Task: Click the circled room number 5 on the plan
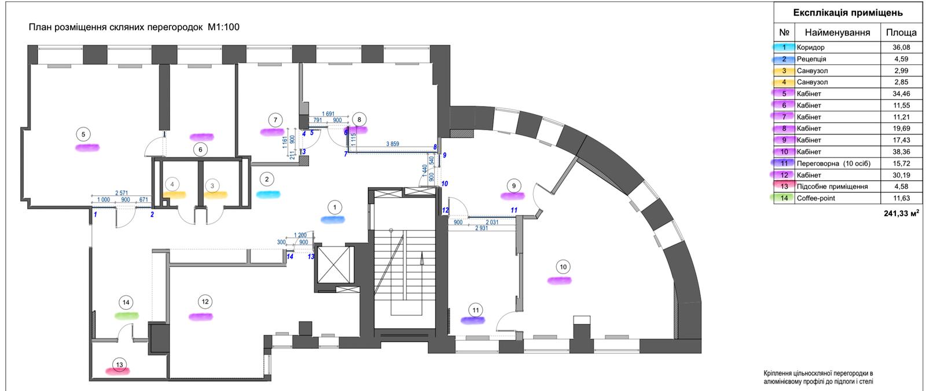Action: [x=83, y=134]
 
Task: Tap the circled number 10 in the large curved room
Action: [x=563, y=267]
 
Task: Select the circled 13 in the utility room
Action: [x=120, y=364]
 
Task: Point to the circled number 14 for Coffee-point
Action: [x=126, y=302]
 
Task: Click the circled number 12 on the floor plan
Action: [x=205, y=302]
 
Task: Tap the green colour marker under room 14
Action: [x=126, y=316]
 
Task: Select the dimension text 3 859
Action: [x=394, y=144]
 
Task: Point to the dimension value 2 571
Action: [x=122, y=192]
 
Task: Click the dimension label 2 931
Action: [x=484, y=229]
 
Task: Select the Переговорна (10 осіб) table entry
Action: [x=833, y=163]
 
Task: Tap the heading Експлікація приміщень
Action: [x=848, y=13]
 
